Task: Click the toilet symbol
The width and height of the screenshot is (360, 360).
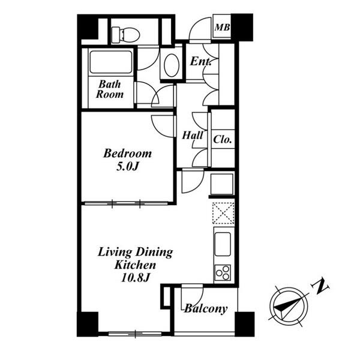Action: pos(125,35)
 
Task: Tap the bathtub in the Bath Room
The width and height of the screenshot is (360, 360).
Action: pos(111,62)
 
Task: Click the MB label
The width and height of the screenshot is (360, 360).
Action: pos(222,28)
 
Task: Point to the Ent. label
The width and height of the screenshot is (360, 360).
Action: pos(200,61)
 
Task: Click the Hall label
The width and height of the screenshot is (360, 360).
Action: pos(193,135)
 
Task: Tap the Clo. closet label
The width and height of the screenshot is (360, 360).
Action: pos(222,139)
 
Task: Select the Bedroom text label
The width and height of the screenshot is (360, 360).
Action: pos(127,154)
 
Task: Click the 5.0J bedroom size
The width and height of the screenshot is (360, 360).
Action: pos(127,166)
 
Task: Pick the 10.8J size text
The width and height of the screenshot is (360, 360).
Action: pos(135,278)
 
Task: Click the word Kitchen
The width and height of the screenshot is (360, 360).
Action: pos(135,265)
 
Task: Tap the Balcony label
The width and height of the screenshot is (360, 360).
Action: pos(206,309)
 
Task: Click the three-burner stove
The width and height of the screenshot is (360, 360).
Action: pos(223,273)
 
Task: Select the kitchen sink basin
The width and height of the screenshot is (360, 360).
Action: pos(222,244)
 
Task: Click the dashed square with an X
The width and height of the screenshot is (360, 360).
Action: pos(223,213)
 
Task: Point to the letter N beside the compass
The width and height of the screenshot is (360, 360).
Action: pos(320,286)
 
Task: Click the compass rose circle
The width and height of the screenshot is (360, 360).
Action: pos(289,306)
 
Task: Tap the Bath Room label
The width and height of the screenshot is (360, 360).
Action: pos(110,89)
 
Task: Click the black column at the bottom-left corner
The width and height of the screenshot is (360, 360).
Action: pos(88,324)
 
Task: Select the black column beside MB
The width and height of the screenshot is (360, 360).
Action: pos(242,28)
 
